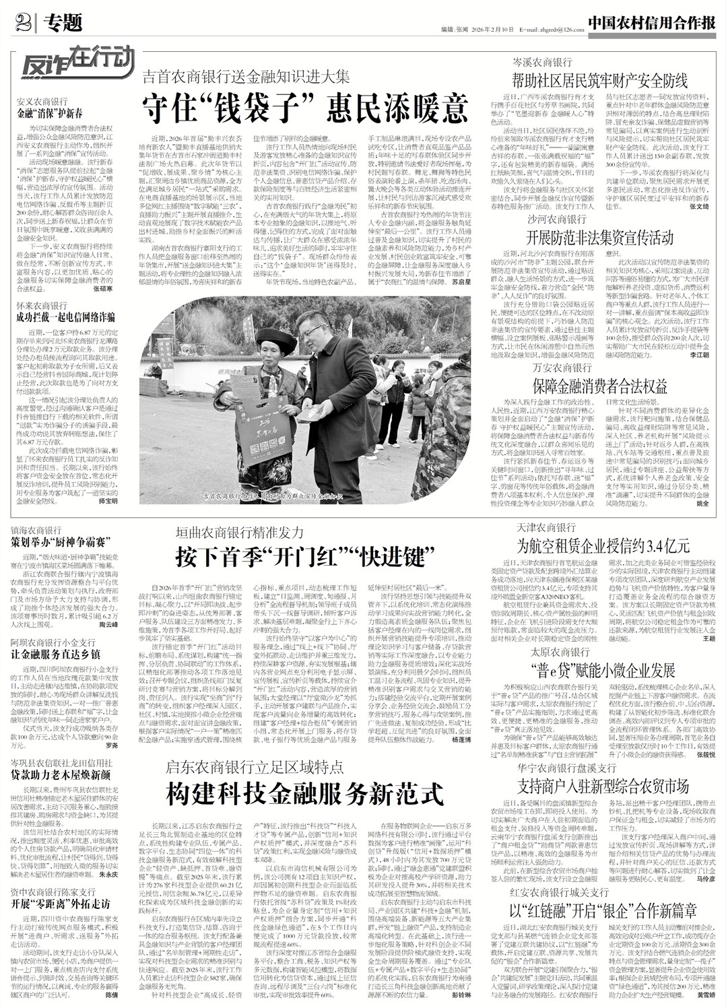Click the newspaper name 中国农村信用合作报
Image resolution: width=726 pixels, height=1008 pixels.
(650, 23)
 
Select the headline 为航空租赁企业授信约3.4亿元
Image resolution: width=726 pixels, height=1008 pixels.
(601, 542)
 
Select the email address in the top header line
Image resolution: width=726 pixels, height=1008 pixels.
(546, 30)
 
